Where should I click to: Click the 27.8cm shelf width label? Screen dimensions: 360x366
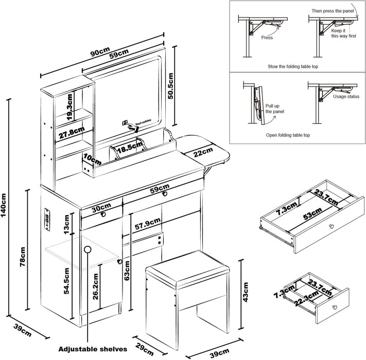(71, 132)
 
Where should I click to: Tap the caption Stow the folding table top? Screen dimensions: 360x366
(297, 67)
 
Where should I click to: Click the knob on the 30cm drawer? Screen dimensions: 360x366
(103, 214)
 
